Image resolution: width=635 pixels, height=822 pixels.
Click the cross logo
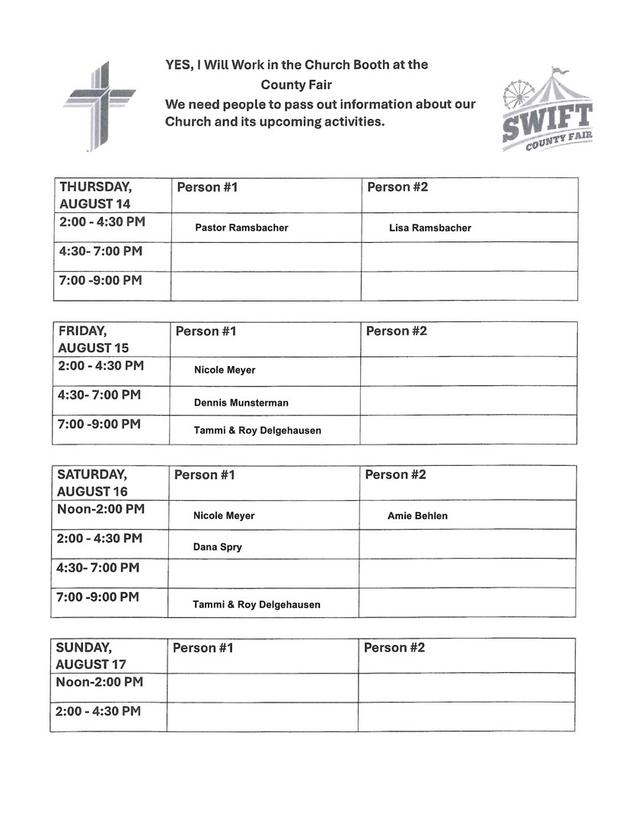pos(98,106)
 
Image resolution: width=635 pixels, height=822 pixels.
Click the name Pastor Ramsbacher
pos(241,228)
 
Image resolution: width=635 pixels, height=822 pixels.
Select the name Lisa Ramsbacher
pos(429,228)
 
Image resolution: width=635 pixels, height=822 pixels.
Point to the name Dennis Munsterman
pos(241,403)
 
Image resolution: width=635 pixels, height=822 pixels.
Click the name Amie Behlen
pos(417,516)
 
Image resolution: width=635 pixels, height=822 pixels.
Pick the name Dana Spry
pos(217,546)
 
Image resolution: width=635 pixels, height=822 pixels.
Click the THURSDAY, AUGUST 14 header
pos(95,195)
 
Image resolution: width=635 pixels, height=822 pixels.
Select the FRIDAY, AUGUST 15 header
pos(94,339)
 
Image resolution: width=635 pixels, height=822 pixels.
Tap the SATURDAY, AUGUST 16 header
pos(92,483)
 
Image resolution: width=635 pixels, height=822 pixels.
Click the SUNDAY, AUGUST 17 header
pos(91,655)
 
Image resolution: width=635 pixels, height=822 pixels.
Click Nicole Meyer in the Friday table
pos(225,370)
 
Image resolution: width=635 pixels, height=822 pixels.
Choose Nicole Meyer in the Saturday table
pos(224,516)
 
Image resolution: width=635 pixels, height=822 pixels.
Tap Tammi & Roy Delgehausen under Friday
pos(257,431)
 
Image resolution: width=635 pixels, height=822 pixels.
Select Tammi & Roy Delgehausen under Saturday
pos(257,604)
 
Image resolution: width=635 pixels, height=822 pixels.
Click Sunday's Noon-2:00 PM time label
pos(99,682)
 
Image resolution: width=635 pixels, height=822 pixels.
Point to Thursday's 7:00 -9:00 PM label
pos(101,280)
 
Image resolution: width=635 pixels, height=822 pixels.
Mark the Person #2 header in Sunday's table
pos(394,648)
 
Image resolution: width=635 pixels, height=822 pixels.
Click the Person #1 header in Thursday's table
pos(207,187)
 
